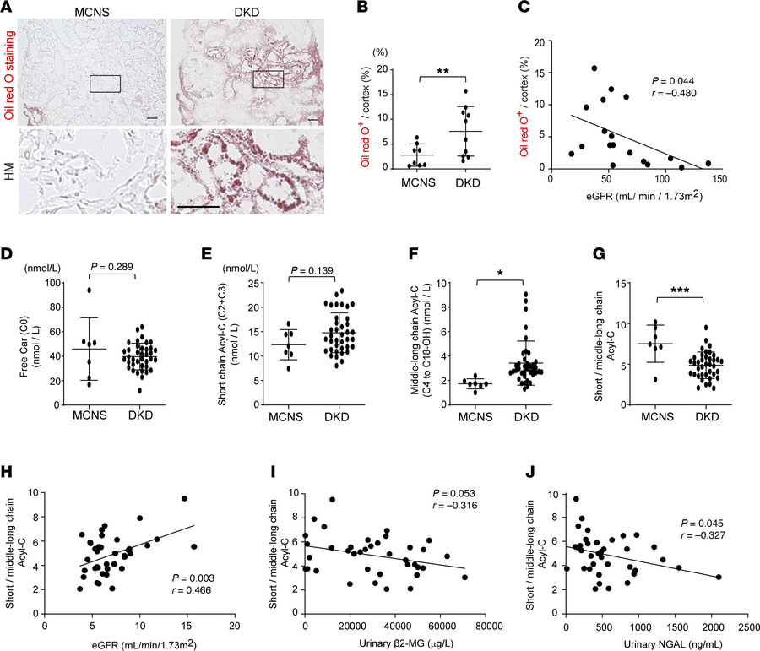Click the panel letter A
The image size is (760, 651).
[8, 8]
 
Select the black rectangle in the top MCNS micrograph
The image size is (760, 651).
[105, 84]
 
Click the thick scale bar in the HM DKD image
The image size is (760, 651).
[198, 204]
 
